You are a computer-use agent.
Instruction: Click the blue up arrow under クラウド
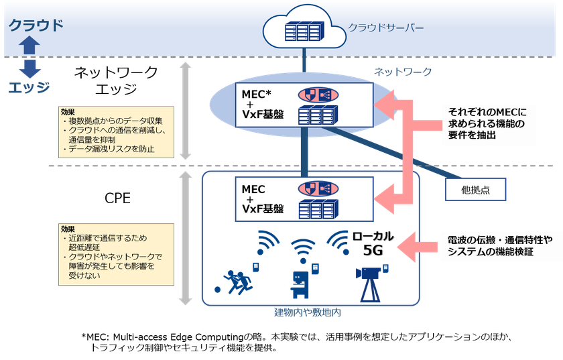(31, 45)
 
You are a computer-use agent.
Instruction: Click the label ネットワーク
(403, 72)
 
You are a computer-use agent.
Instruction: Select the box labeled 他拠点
(475, 190)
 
